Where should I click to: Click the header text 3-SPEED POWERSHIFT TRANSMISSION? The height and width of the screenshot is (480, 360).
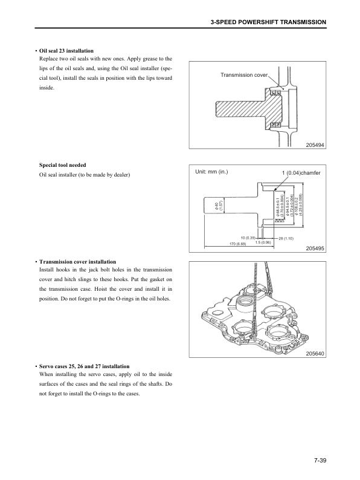pyautogui.click(x=268, y=22)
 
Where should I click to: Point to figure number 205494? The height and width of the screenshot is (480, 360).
pyautogui.click(x=315, y=144)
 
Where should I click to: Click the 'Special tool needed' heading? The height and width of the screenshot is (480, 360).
pyautogui.click(x=62, y=164)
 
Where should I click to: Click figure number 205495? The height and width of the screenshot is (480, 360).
pyautogui.click(x=315, y=248)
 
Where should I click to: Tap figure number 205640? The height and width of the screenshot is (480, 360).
pyautogui.click(x=315, y=352)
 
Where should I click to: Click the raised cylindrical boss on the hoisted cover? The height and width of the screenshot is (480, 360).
pyautogui.click(x=248, y=301)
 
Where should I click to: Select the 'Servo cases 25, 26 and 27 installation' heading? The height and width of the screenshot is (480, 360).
pyautogui.click(x=84, y=366)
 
